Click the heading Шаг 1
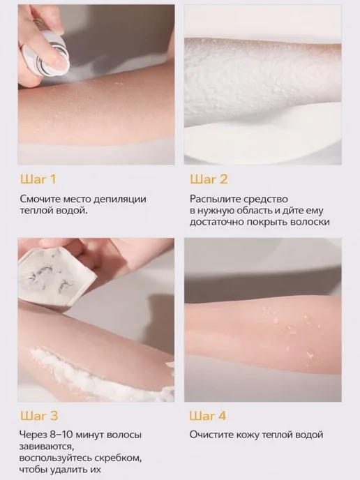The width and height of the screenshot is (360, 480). coord(38,179)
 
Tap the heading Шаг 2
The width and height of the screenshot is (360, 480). coord(209,179)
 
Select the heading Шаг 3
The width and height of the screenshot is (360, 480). coord(39,416)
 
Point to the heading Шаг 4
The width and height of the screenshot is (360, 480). coord(208,416)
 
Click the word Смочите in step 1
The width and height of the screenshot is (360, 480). coord(40,199)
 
